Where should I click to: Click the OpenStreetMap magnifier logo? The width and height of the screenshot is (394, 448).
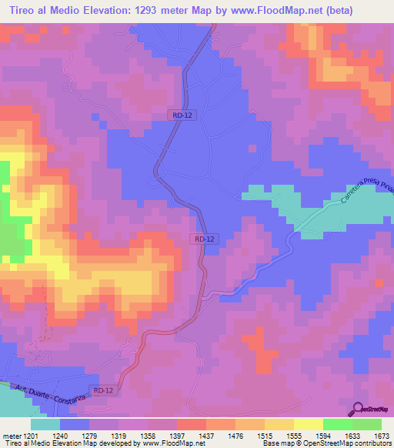tap(359, 410)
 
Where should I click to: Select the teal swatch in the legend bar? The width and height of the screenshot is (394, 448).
tap(45, 424)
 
